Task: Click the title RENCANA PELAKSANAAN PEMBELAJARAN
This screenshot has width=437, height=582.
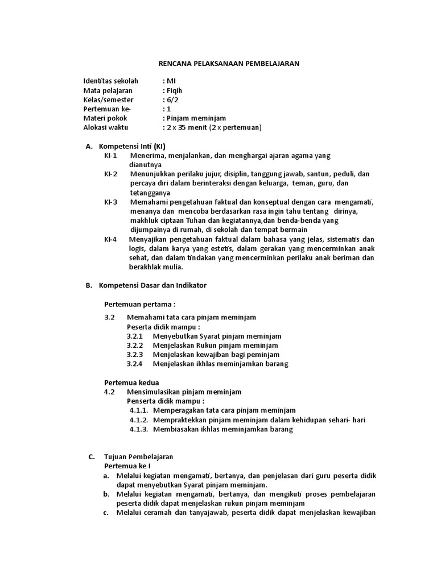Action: point(228,64)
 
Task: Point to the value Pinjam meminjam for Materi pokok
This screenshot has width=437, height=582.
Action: point(195,118)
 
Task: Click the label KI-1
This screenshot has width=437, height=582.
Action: point(110,156)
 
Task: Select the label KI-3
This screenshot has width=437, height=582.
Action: point(110,202)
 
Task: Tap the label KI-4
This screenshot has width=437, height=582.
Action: point(110,239)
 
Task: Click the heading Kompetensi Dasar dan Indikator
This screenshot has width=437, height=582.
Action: point(152,285)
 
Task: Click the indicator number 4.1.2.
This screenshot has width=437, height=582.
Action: point(139,420)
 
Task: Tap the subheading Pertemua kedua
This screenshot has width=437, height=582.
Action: point(131,382)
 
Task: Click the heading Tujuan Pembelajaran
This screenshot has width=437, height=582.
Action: point(138,456)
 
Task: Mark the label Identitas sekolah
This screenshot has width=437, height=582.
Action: point(110,81)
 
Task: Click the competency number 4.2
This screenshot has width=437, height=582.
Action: point(110,392)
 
